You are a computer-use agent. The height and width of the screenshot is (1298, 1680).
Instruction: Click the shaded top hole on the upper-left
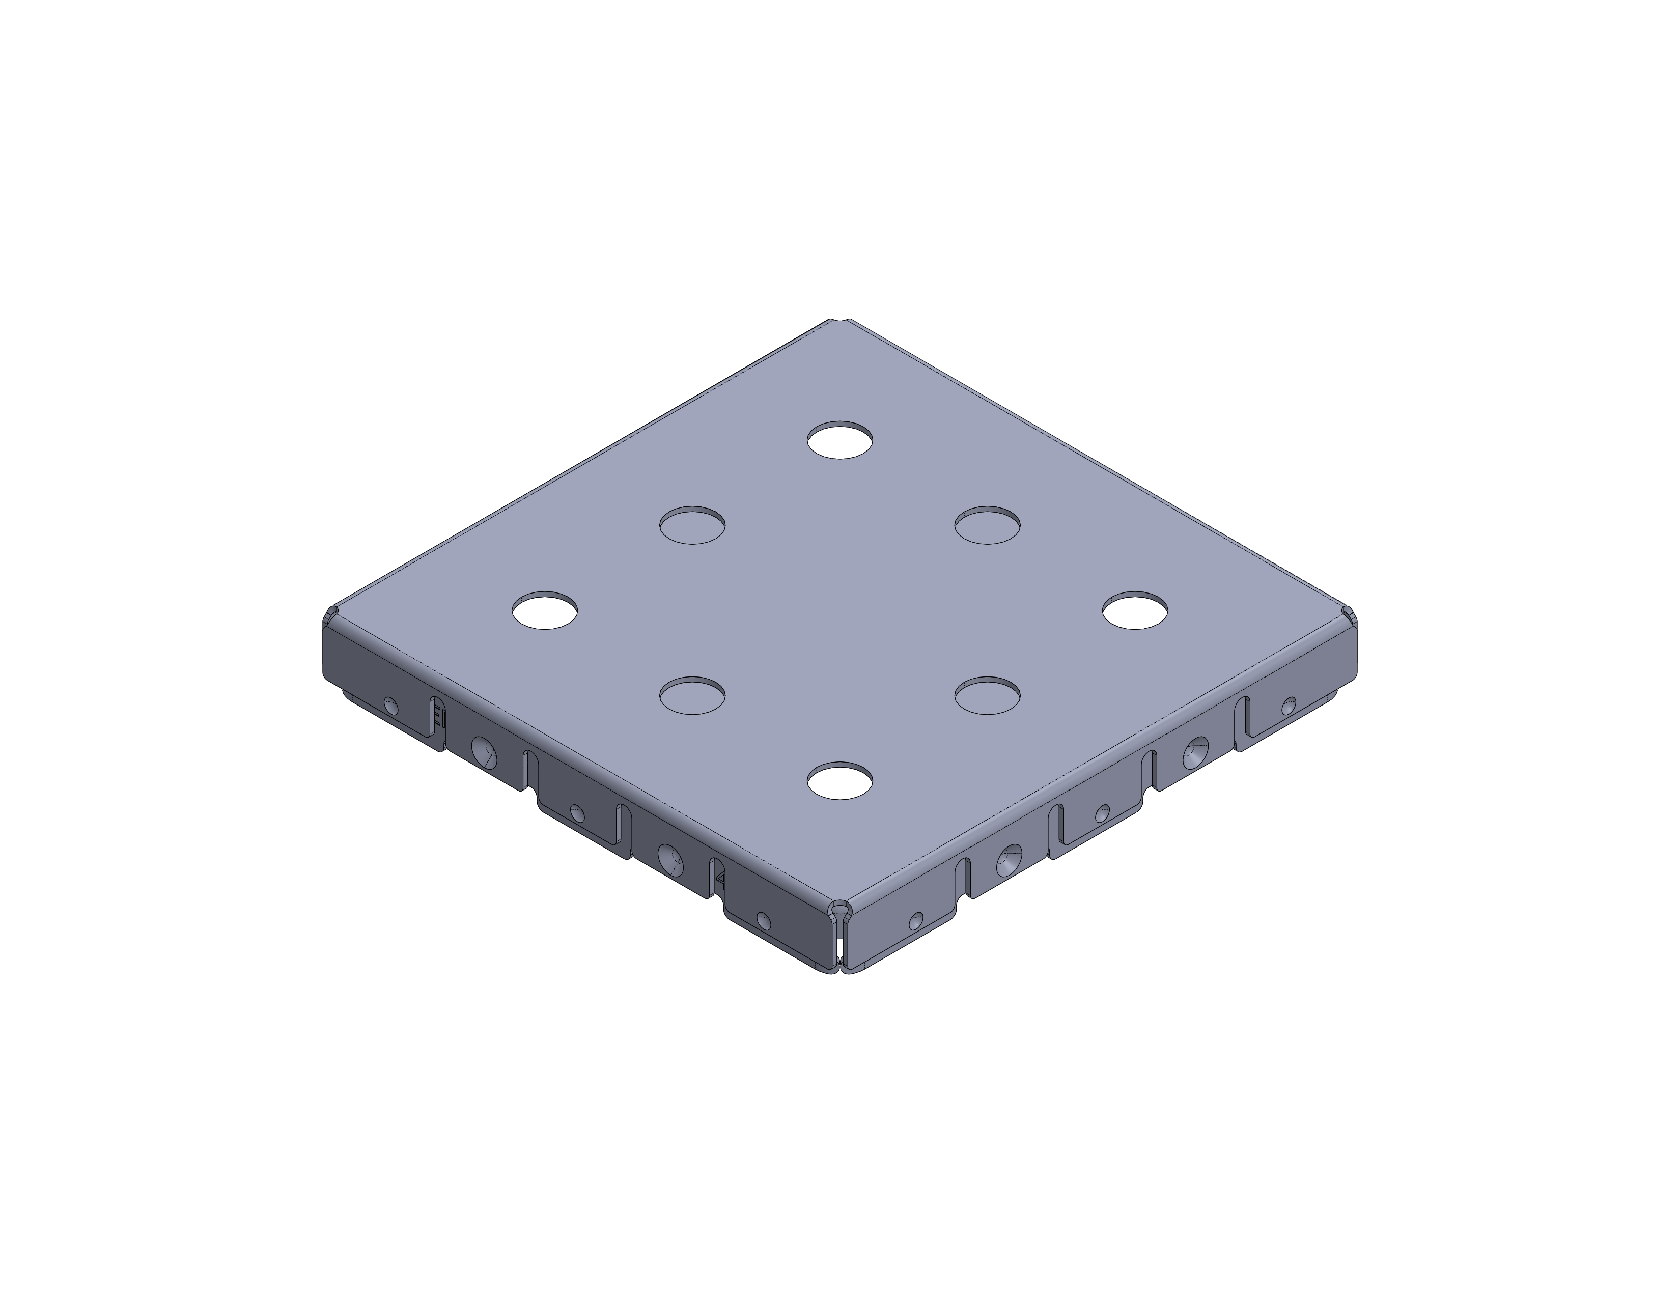[x=692, y=525]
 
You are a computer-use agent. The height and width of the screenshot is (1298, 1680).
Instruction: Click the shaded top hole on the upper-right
[x=987, y=525]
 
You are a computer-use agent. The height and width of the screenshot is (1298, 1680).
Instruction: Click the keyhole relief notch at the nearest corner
[x=839, y=915]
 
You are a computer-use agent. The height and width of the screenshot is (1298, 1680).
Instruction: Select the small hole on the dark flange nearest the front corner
[x=763, y=920]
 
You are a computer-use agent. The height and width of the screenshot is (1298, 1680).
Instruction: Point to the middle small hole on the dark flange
[x=577, y=813]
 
